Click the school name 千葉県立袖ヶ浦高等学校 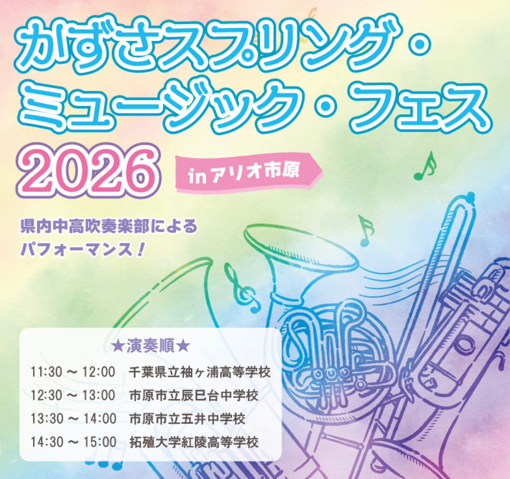pyautogui.click(x=200, y=372)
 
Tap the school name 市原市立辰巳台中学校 pyautogui.click(x=193, y=395)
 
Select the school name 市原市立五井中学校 pyautogui.click(x=187, y=419)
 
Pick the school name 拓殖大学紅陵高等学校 pyautogui.click(x=193, y=442)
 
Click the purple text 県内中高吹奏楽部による pyautogui.click(x=109, y=226)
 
